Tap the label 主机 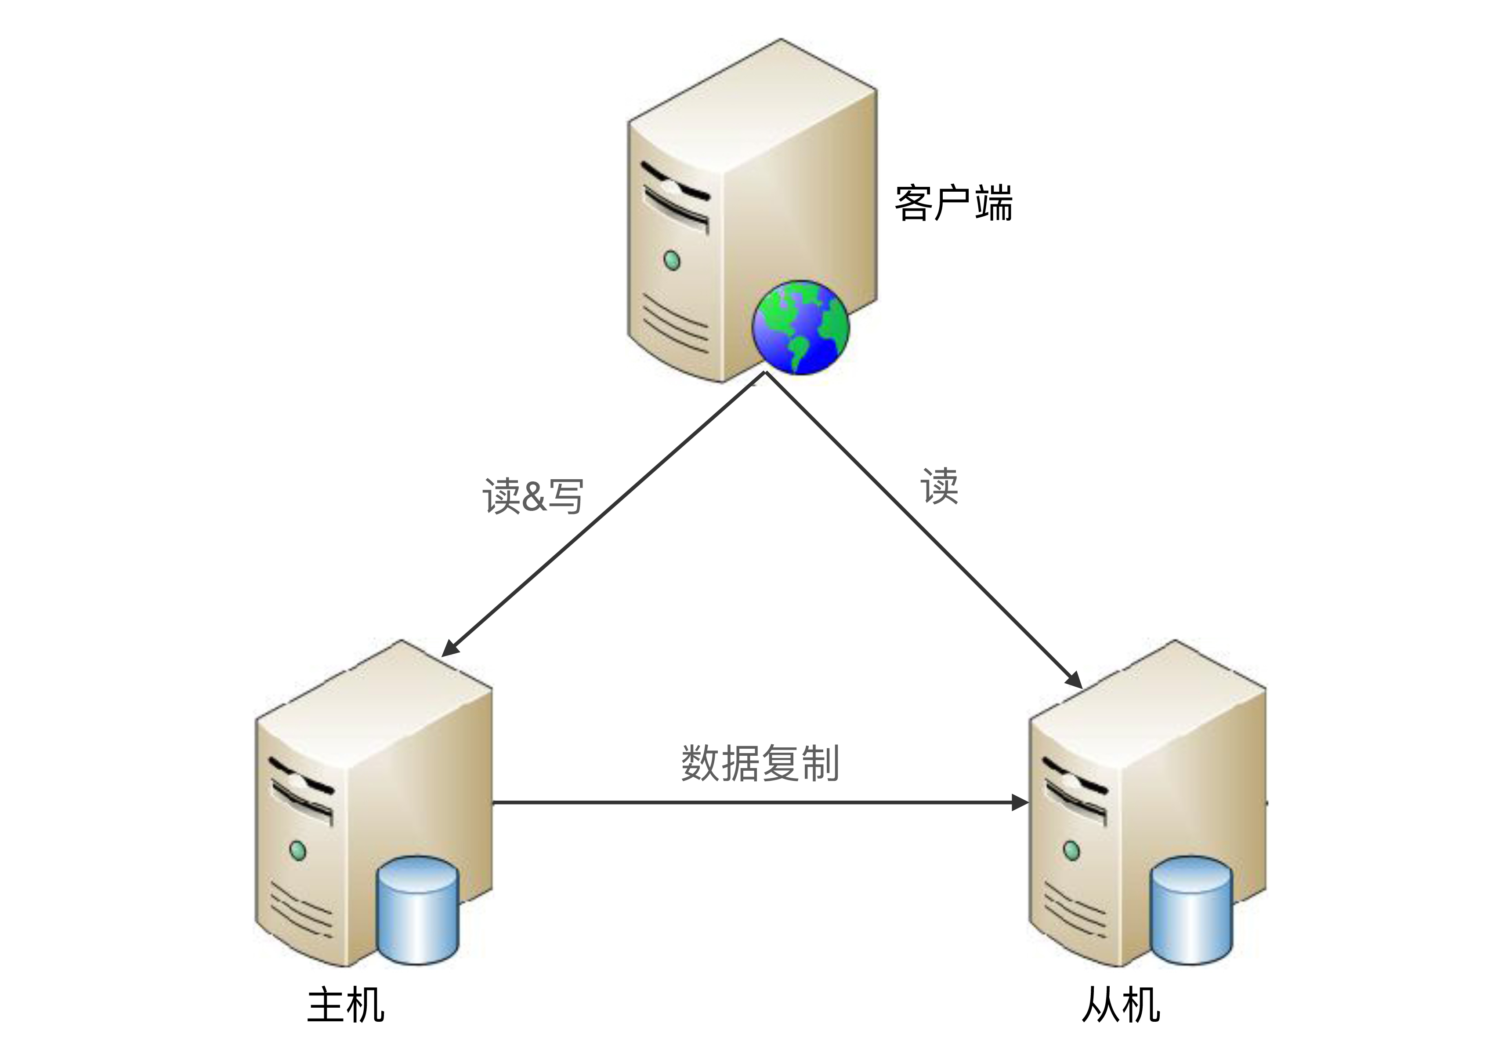(346, 1004)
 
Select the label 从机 (1121, 1004)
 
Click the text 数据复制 (760, 763)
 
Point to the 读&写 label (532, 496)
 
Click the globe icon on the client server (800, 327)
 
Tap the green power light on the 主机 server (298, 850)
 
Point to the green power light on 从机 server (1071, 850)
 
